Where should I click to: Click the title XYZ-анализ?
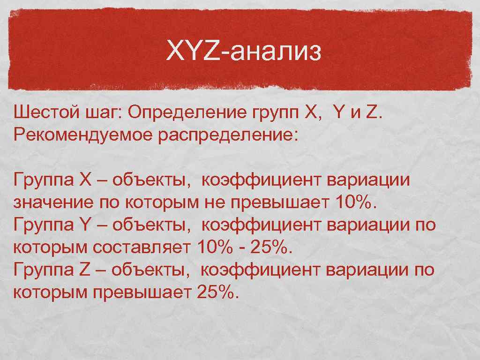click(x=244, y=52)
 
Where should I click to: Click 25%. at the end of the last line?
click(x=218, y=292)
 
